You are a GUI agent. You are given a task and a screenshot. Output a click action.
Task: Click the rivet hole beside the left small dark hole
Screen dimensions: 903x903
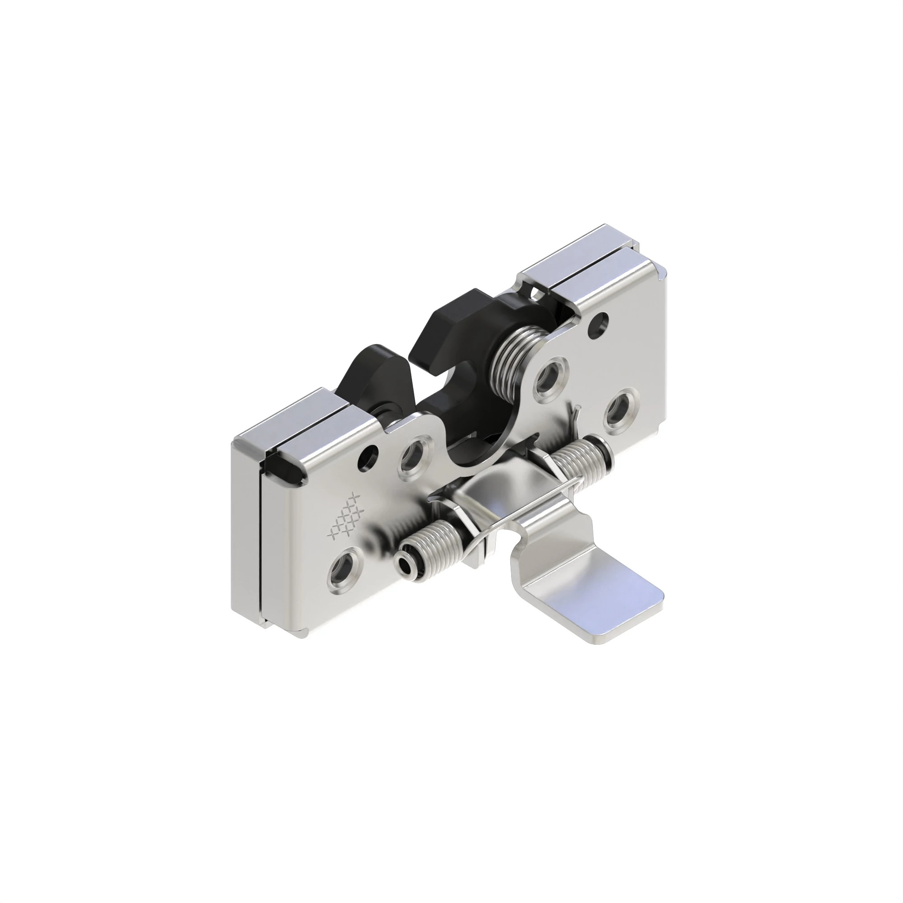[x=413, y=455]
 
